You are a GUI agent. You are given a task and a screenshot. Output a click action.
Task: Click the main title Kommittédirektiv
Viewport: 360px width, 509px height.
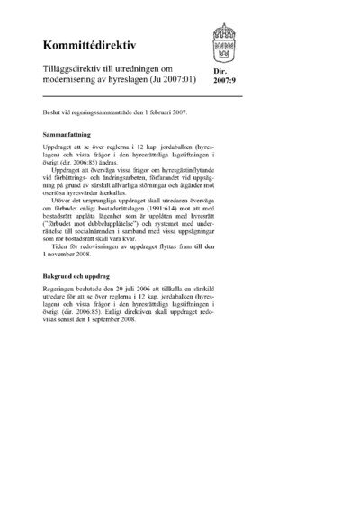point(86,45)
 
